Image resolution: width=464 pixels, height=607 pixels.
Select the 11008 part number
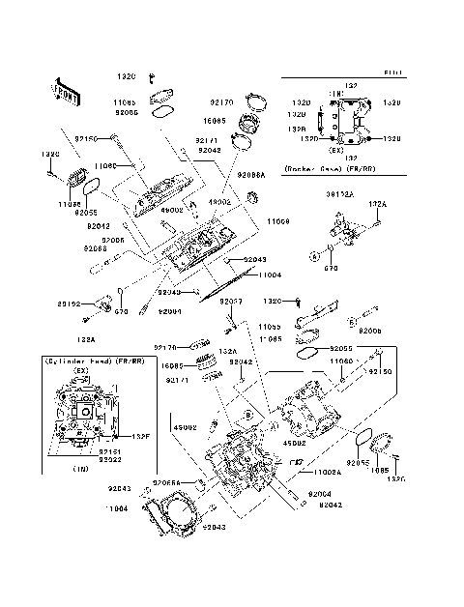(278, 221)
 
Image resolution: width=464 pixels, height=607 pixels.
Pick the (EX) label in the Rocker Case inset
(335, 150)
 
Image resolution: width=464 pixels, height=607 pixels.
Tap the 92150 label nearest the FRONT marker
(88, 139)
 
